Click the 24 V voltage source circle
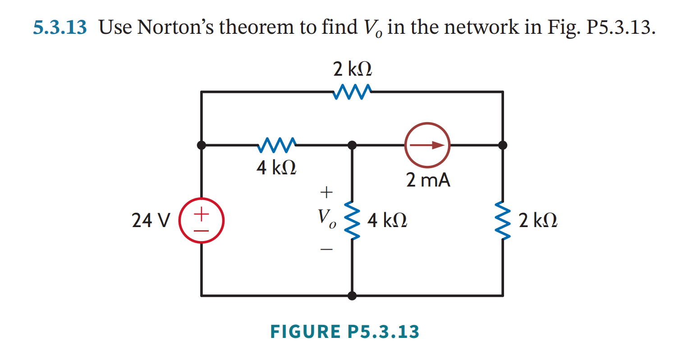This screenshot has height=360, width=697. click(202, 220)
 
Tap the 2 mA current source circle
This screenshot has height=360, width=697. click(427, 145)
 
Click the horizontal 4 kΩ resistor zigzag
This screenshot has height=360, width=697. click(277, 145)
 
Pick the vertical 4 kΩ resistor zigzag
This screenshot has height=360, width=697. click(352, 220)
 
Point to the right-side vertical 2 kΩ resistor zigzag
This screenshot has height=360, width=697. click(503, 220)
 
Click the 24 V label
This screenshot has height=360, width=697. click(151, 221)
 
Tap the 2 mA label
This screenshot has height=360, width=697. click(428, 180)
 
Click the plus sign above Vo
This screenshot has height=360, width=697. click(326, 192)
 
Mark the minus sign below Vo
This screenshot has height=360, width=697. click(326, 249)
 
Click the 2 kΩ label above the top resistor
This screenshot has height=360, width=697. click(353, 69)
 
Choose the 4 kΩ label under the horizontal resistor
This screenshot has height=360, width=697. click(276, 168)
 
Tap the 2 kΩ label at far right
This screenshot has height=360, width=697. click(537, 221)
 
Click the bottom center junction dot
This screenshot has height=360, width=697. click(352, 296)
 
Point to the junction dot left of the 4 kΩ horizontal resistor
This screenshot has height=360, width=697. click(202, 145)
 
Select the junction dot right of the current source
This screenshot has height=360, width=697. click(503, 145)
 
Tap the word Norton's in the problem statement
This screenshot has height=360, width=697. click(178, 27)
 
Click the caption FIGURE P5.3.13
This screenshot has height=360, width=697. click(344, 332)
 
